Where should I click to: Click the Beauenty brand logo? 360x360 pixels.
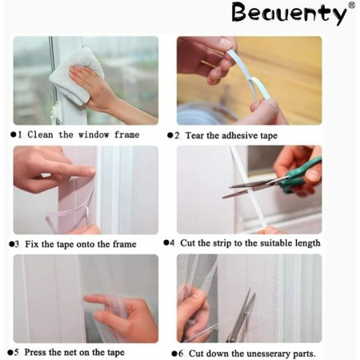[290, 14]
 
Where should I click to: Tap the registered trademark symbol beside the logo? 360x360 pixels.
[352, 5]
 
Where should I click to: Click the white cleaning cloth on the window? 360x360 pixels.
[76, 76]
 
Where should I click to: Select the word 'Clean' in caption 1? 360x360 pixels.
[40, 134]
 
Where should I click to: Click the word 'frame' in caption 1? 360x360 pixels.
[126, 134]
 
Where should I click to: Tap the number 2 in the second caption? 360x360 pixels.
[177, 136]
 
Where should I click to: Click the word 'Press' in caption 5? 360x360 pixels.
[34, 352]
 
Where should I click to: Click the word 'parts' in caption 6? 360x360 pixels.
[304, 354]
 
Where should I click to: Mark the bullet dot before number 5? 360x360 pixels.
[10, 353]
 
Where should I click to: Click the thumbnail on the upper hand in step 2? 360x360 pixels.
[226, 42]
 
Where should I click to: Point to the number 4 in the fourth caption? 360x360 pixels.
[172, 243]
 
